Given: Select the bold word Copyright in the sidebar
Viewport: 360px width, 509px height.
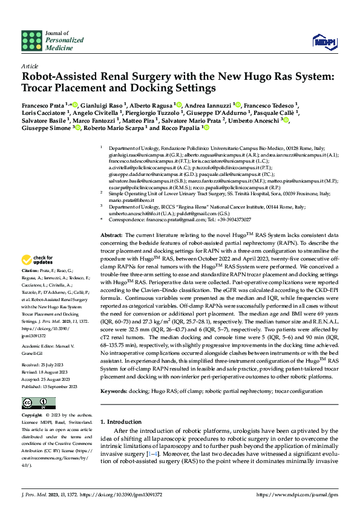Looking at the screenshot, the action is [x=32, y=416].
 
